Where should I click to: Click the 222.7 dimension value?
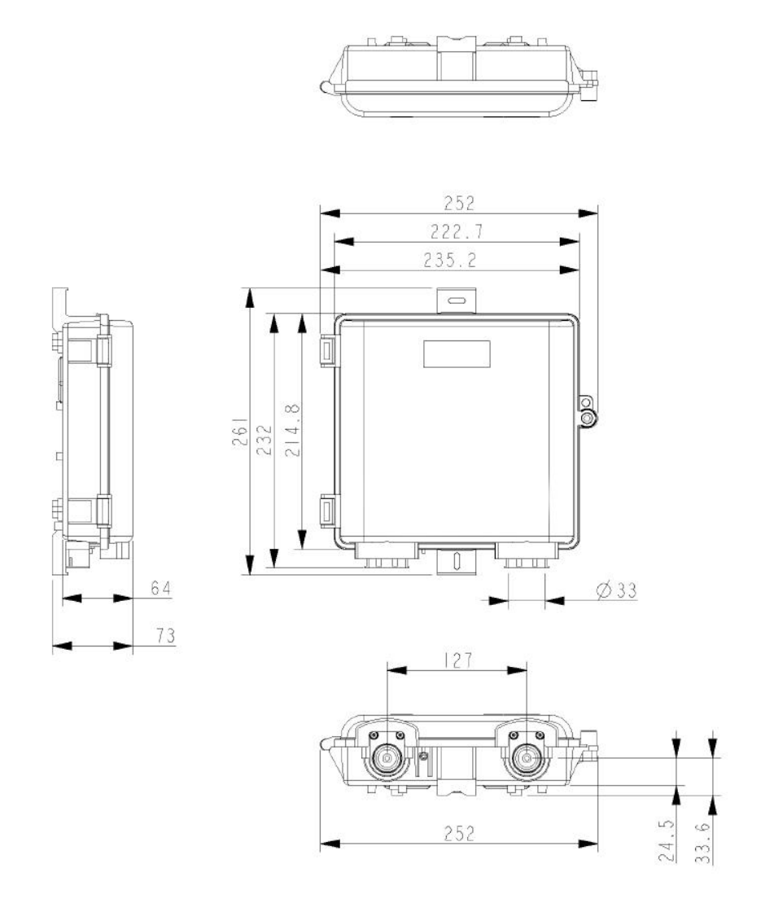point(458,232)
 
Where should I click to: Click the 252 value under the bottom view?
point(458,835)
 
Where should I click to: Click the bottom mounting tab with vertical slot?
point(457,561)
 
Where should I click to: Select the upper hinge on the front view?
point(326,350)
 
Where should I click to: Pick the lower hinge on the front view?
point(326,511)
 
